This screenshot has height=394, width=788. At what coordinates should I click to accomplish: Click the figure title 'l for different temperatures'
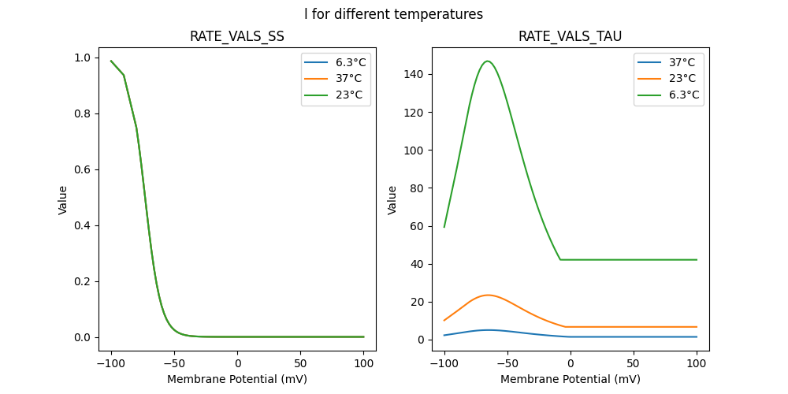pos(394,14)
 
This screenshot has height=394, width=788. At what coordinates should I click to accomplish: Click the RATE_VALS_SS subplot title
pos(237,36)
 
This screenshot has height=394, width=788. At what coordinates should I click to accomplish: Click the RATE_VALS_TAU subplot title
pos(570,36)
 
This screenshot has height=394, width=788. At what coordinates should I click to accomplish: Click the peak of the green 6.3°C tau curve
pos(488,61)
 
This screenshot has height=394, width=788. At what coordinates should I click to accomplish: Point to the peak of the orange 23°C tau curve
pos(488,295)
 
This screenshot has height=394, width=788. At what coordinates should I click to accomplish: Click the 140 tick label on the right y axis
pos(417,75)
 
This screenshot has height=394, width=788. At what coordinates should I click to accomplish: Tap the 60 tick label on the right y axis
pos(420,226)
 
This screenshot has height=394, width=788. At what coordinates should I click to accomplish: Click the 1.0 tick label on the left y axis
pos(82,58)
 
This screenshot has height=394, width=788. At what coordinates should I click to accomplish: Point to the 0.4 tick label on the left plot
pos(82,225)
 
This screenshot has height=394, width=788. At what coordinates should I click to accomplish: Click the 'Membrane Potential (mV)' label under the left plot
pos(237,379)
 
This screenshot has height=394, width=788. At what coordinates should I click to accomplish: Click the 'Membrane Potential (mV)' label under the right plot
pos(570,379)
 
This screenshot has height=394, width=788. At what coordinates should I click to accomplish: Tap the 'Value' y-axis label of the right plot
pos(392,200)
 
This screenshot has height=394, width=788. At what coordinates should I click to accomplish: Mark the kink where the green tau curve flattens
pos(560,259)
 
